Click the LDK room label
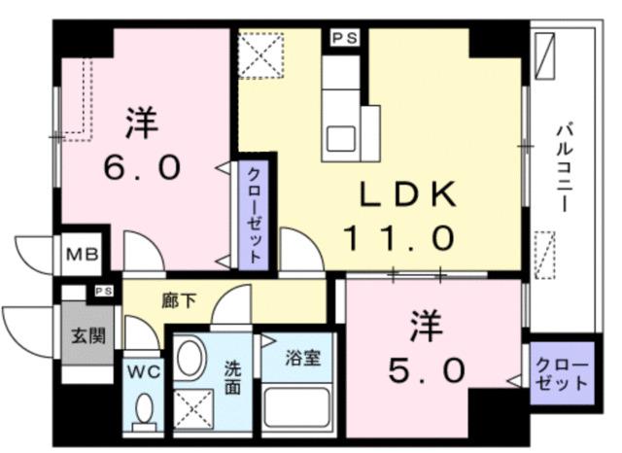[x=408, y=194]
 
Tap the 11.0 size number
[x=398, y=236]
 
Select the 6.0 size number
[x=144, y=168]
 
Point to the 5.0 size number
[x=421, y=368]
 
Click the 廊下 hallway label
[x=179, y=300]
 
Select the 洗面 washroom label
[x=233, y=377]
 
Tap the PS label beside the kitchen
[x=343, y=38]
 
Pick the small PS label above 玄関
[x=102, y=291]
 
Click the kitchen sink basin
[x=340, y=137]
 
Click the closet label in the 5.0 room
[x=562, y=373]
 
